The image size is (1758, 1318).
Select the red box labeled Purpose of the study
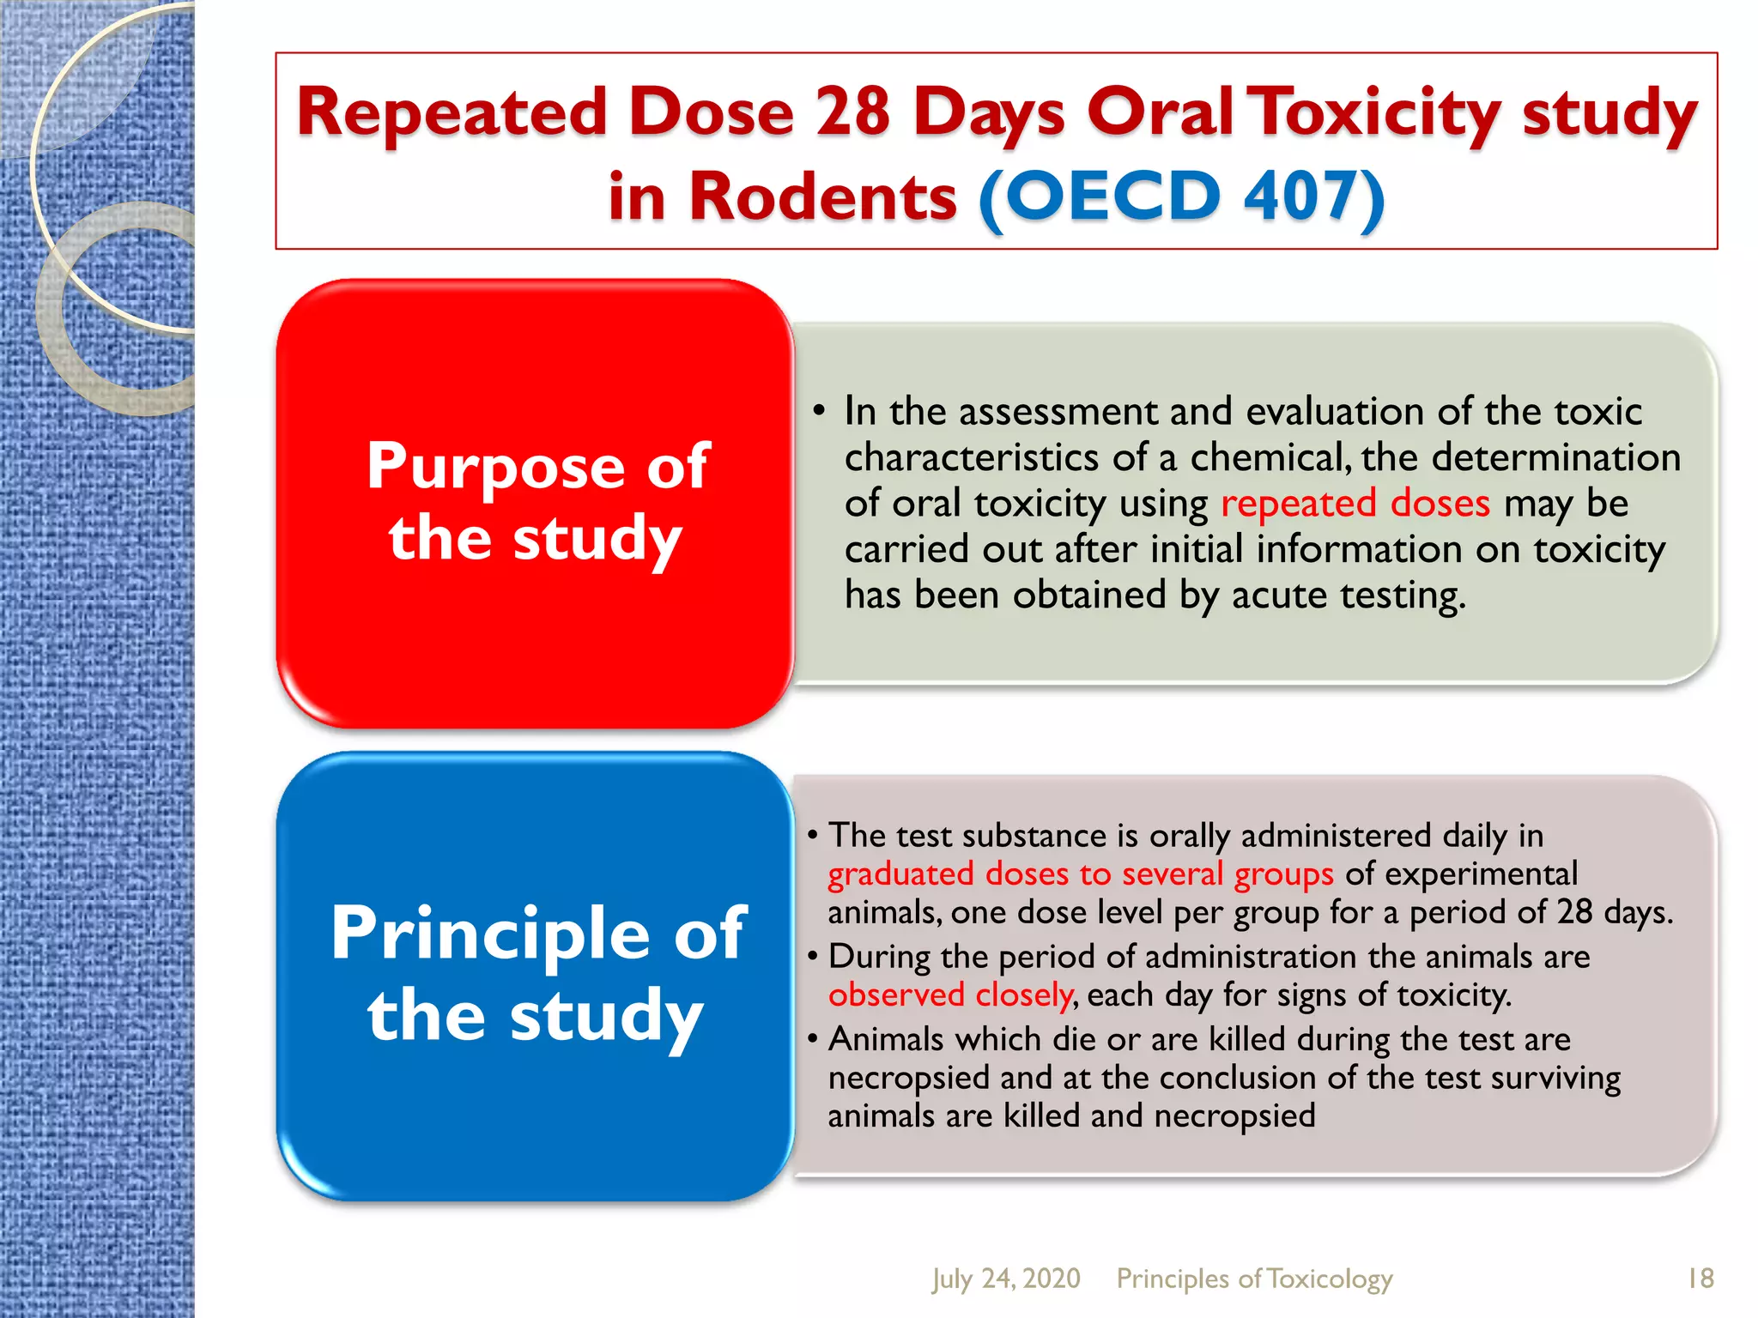click(x=536, y=503)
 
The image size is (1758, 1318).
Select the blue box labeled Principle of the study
click(x=536, y=975)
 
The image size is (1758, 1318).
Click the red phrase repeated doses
click(x=1355, y=503)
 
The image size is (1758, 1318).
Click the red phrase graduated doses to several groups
click(x=1080, y=874)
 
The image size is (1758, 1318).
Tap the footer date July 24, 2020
click(x=1005, y=1279)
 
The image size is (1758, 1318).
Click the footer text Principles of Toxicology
click(x=1253, y=1279)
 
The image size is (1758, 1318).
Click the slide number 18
click(x=1700, y=1279)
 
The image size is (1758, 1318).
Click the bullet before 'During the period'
click(x=812, y=957)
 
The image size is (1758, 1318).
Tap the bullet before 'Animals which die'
click(x=812, y=1039)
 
